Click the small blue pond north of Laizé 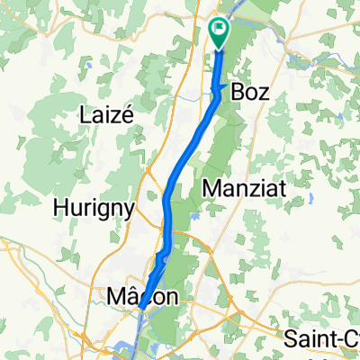92,65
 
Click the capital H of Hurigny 61,208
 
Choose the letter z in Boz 264,92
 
